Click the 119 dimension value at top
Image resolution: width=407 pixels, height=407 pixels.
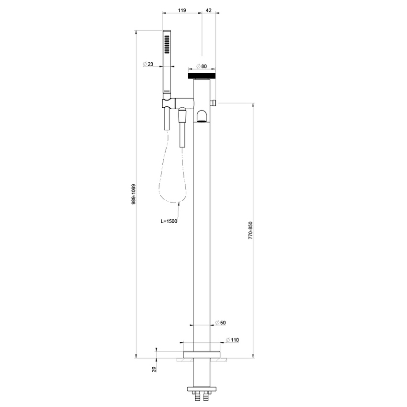(x=182, y=10)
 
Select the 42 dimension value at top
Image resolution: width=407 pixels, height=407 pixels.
(x=209, y=10)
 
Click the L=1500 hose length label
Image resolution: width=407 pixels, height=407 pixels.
(x=169, y=222)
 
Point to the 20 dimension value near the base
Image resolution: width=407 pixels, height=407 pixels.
(x=154, y=369)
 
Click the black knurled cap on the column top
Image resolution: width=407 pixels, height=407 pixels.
(x=201, y=76)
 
